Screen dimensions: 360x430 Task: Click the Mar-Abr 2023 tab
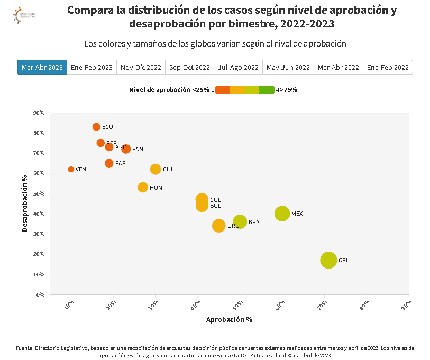42,67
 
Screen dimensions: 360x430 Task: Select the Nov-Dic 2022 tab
141,67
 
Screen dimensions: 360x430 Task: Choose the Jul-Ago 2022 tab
238,67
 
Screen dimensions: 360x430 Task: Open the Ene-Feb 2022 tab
388,67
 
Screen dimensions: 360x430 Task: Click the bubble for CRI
328,260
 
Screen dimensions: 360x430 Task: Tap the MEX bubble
282,214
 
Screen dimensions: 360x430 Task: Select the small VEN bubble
71,169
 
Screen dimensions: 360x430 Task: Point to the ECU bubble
96,127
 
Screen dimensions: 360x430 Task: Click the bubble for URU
219,226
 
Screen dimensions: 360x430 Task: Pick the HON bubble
143,187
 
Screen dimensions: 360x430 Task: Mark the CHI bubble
155,169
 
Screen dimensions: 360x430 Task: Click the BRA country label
254,223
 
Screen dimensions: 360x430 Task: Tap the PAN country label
138,149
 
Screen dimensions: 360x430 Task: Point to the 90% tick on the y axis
39,113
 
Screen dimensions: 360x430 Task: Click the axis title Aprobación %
229,319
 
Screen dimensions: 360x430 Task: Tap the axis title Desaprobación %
25,204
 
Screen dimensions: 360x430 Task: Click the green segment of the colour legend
267,90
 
